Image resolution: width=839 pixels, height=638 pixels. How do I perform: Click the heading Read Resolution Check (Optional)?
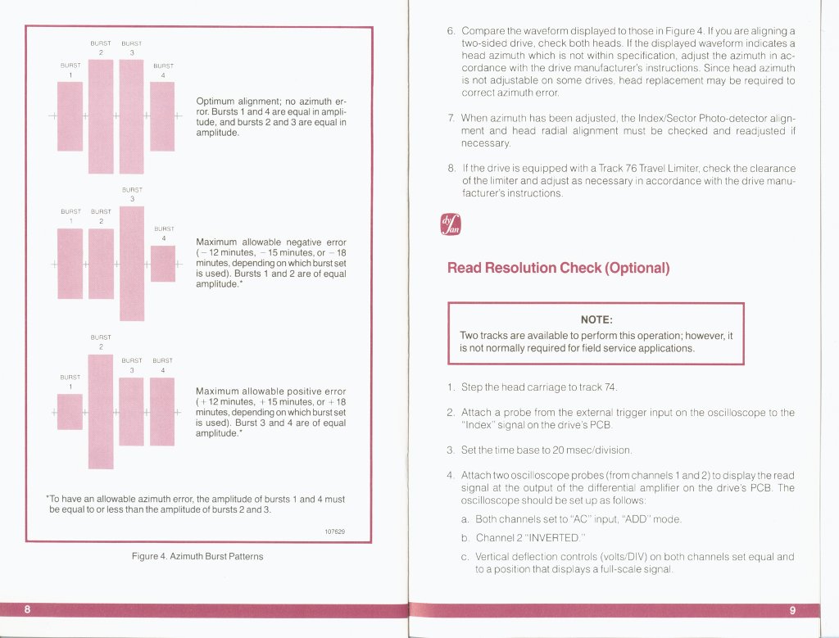point(559,268)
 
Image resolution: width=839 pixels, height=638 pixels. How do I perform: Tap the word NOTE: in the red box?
point(596,319)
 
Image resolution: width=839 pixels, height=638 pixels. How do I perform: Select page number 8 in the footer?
point(28,609)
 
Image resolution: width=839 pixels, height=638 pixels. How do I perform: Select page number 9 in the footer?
point(792,609)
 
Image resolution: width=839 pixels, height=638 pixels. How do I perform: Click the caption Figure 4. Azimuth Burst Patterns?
point(197,556)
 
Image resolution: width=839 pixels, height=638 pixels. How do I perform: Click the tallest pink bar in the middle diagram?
point(132,263)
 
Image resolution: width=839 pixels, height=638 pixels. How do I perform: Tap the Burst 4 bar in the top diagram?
point(163,116)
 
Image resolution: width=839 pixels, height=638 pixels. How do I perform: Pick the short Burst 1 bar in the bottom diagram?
point(70,411)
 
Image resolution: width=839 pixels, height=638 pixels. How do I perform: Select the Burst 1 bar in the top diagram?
point(70,116)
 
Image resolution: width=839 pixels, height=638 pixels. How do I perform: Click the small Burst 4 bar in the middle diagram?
point(163,263)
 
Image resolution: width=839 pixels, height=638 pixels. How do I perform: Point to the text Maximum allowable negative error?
point(271,243)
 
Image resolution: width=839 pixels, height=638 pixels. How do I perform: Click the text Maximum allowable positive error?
point(271,391)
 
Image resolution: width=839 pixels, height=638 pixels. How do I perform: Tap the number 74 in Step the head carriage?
point(609,387)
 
